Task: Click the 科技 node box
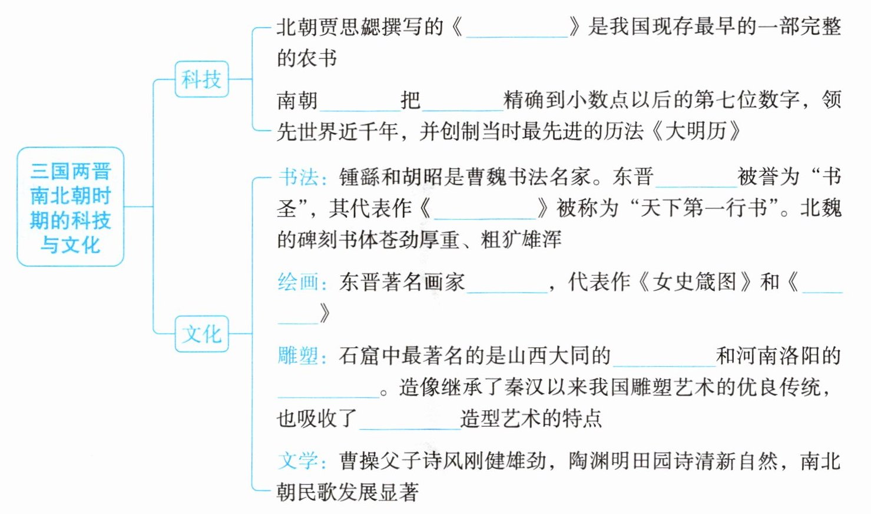(x=201, y=79)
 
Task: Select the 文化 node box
(x=201, y=334)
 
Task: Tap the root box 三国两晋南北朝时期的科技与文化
(x=70, y=207)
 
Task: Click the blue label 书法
(x=299, y=177)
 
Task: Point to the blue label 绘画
(x=299, y=282)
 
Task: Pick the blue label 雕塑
(x=299, y=356)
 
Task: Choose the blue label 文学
(x=299, y=460)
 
